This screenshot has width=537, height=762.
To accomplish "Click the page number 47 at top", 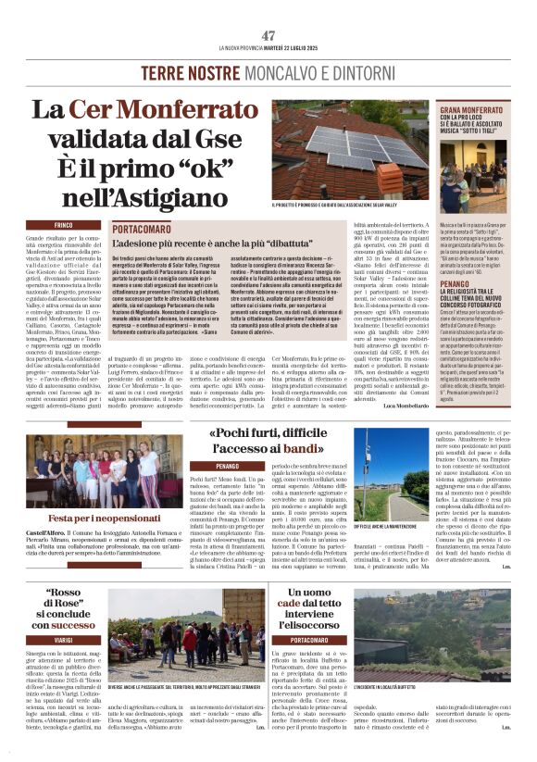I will pyautogui.click(x=268, y=35).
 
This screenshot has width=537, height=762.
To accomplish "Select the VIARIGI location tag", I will pyautogui.click(x=64, y=639).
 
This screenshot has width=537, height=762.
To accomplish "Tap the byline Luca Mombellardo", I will pyautogui.click(x=405, y=406).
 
